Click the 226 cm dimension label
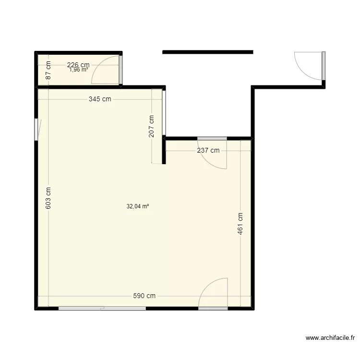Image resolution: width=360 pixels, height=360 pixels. pos(78,65)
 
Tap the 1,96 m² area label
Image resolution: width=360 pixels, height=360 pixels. pos(78,70)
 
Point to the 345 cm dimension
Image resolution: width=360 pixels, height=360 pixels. pos(100,99)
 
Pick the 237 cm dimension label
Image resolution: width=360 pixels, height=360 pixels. pos(208,150)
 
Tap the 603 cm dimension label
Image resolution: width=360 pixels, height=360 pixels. pos(48,197)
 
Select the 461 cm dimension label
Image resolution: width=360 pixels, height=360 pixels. pos(240,224)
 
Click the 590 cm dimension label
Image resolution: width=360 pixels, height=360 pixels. pos(144,296)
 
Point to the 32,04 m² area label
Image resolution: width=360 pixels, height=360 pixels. pos(137,207)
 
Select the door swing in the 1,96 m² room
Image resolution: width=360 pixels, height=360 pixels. pos(107,72)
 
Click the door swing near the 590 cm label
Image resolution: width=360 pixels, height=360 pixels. pos(212,293)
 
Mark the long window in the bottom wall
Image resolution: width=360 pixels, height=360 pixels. pos(102,308)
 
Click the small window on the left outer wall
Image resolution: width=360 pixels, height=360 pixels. pos(36,130)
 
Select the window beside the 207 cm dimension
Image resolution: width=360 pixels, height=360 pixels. pos(164,113)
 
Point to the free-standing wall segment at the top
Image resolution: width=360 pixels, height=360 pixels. pos(207,52)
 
